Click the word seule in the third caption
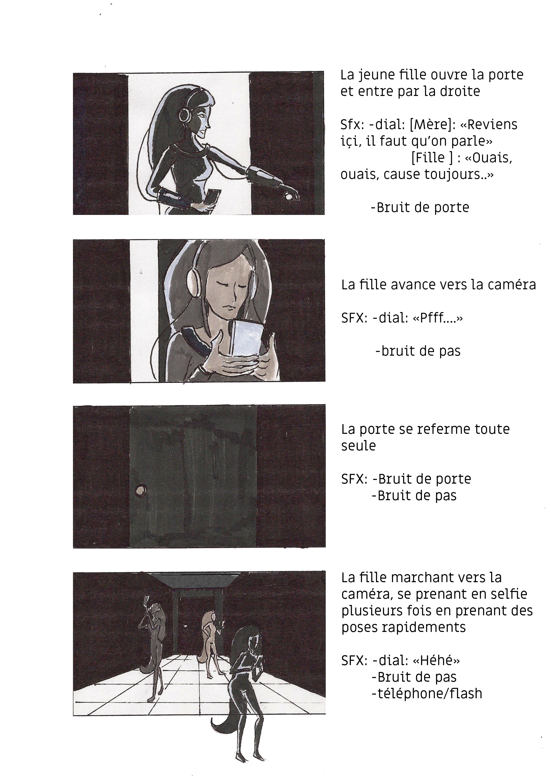click(359, 446)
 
